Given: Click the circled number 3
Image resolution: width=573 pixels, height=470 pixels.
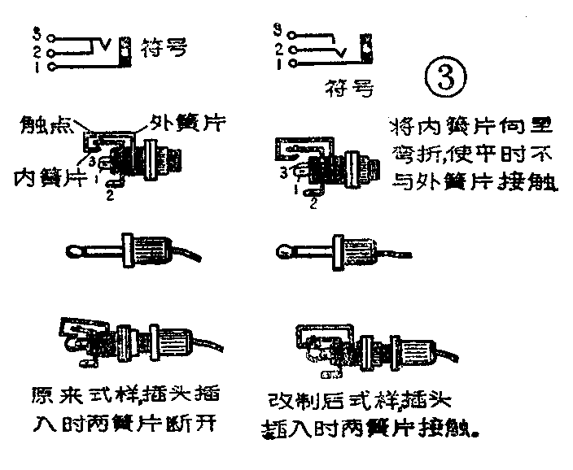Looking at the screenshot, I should pyautogui.click(x=446, y=77).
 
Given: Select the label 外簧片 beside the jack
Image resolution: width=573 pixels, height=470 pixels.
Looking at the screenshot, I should pyautogui.click(x=185, y=123).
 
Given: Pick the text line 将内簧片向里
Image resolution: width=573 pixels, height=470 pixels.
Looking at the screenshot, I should pyautogui.click(x=470, y=128).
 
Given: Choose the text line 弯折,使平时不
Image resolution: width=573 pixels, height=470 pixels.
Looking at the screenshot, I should pyautogui.click(x=470, y=155).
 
